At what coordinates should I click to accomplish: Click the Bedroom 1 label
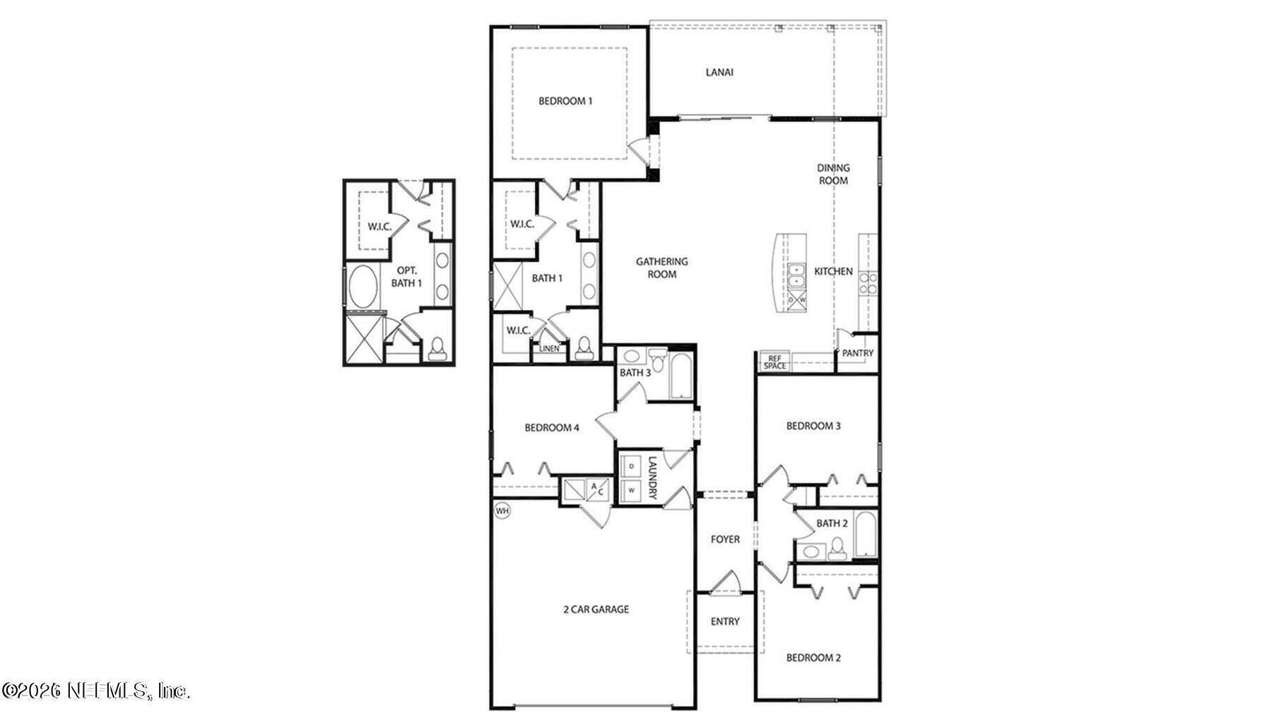click(x=565, y=101)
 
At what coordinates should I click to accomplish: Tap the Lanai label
click(x=719, y=72)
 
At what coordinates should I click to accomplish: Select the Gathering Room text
click(x=662, y=268)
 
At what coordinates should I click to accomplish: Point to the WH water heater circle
click(x=502, y=510)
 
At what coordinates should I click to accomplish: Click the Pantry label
click(x=858, y=353)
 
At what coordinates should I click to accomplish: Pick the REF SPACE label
click(x=774, y=362)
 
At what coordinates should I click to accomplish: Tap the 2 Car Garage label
click(x=596, y=609)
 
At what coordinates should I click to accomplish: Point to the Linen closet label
click(x=549, y=349)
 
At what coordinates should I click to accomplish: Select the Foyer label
click(x=725, y=539)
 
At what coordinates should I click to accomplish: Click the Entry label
click(x=725, y=621)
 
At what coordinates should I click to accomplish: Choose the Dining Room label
click(x=834, y=174)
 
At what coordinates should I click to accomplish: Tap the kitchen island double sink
click(x=796, y=275)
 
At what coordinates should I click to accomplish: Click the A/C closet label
click(x=597, y=488)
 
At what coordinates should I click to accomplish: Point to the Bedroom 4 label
click(x=552, y=427)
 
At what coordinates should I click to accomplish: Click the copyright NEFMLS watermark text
click(x=96, y=690)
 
